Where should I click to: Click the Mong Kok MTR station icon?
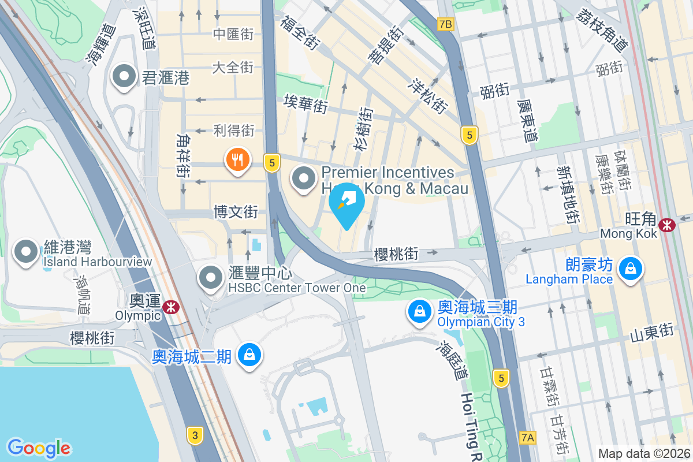[668, 225]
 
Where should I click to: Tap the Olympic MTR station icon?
[170, 307]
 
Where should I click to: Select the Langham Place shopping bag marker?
[630, 269]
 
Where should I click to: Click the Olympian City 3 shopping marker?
[420, 312]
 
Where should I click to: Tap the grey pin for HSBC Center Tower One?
[211, 278]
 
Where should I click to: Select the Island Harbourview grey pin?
[27, 252]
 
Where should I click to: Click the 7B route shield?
[446, 24]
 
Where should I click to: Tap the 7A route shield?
[527, 437]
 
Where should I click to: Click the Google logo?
[39, 448]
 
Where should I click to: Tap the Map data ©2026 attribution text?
[643, 453]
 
